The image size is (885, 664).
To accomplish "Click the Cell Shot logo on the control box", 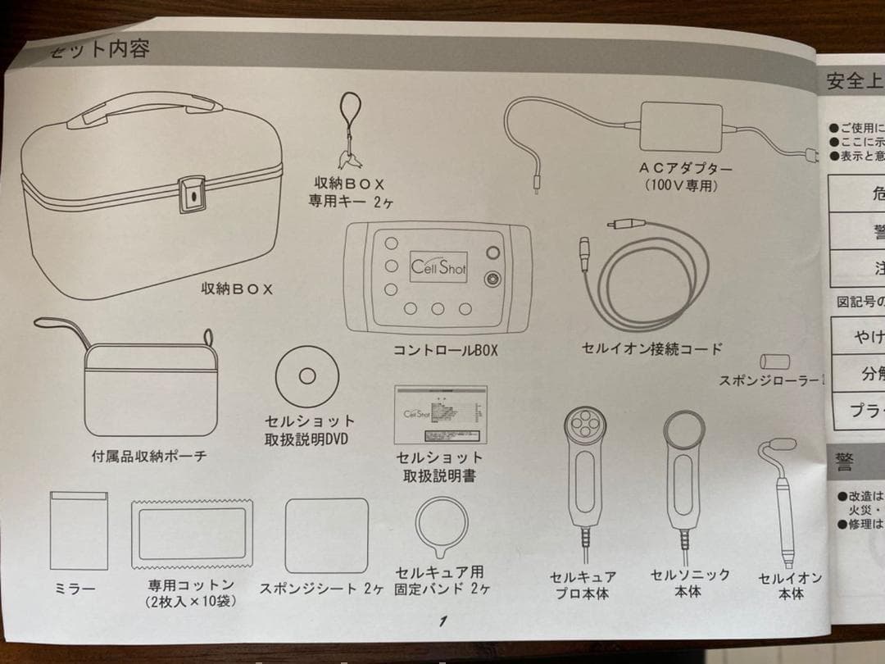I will [438, 267].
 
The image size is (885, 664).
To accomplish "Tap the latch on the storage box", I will [191, 194].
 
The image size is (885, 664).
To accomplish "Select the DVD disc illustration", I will [307, 376].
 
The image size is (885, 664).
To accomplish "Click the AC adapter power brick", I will [683, 125].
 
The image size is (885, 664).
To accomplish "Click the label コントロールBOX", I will [445, 350].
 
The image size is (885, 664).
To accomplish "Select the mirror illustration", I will [79, 530].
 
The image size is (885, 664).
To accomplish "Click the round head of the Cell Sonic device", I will [684, 430].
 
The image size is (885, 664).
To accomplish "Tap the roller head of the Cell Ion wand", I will [782, 444].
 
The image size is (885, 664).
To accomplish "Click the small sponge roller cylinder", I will [774, 361].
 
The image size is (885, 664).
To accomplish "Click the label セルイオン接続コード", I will [651, 348].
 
